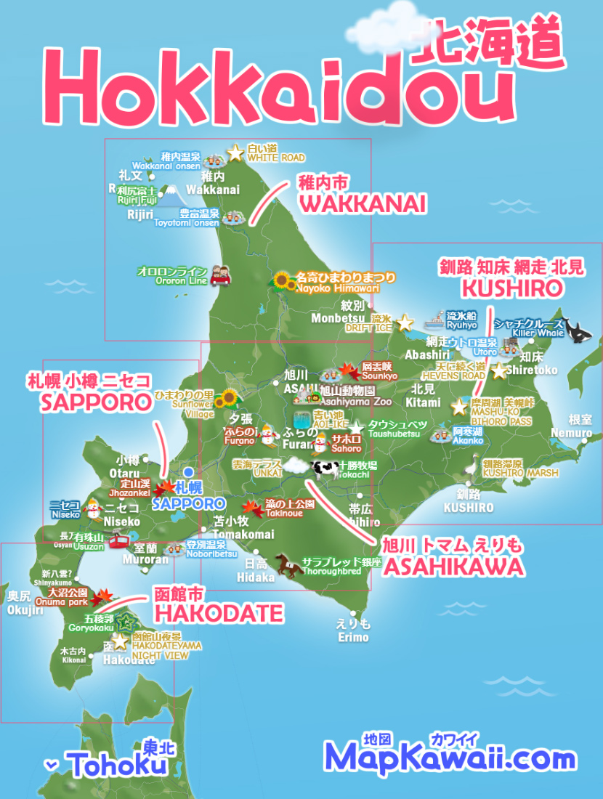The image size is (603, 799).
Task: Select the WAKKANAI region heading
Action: [362, 205]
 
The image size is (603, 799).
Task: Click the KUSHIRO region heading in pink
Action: [512, 288]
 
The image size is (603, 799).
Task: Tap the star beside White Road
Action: [235, 153]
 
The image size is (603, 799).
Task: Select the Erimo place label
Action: [353, 637]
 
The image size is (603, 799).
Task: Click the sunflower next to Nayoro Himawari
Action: [282, 281]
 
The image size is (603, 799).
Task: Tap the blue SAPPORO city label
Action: [188, 503]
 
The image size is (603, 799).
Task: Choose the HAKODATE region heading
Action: [218, 614]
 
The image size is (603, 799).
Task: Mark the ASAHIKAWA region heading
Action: [453, 567]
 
